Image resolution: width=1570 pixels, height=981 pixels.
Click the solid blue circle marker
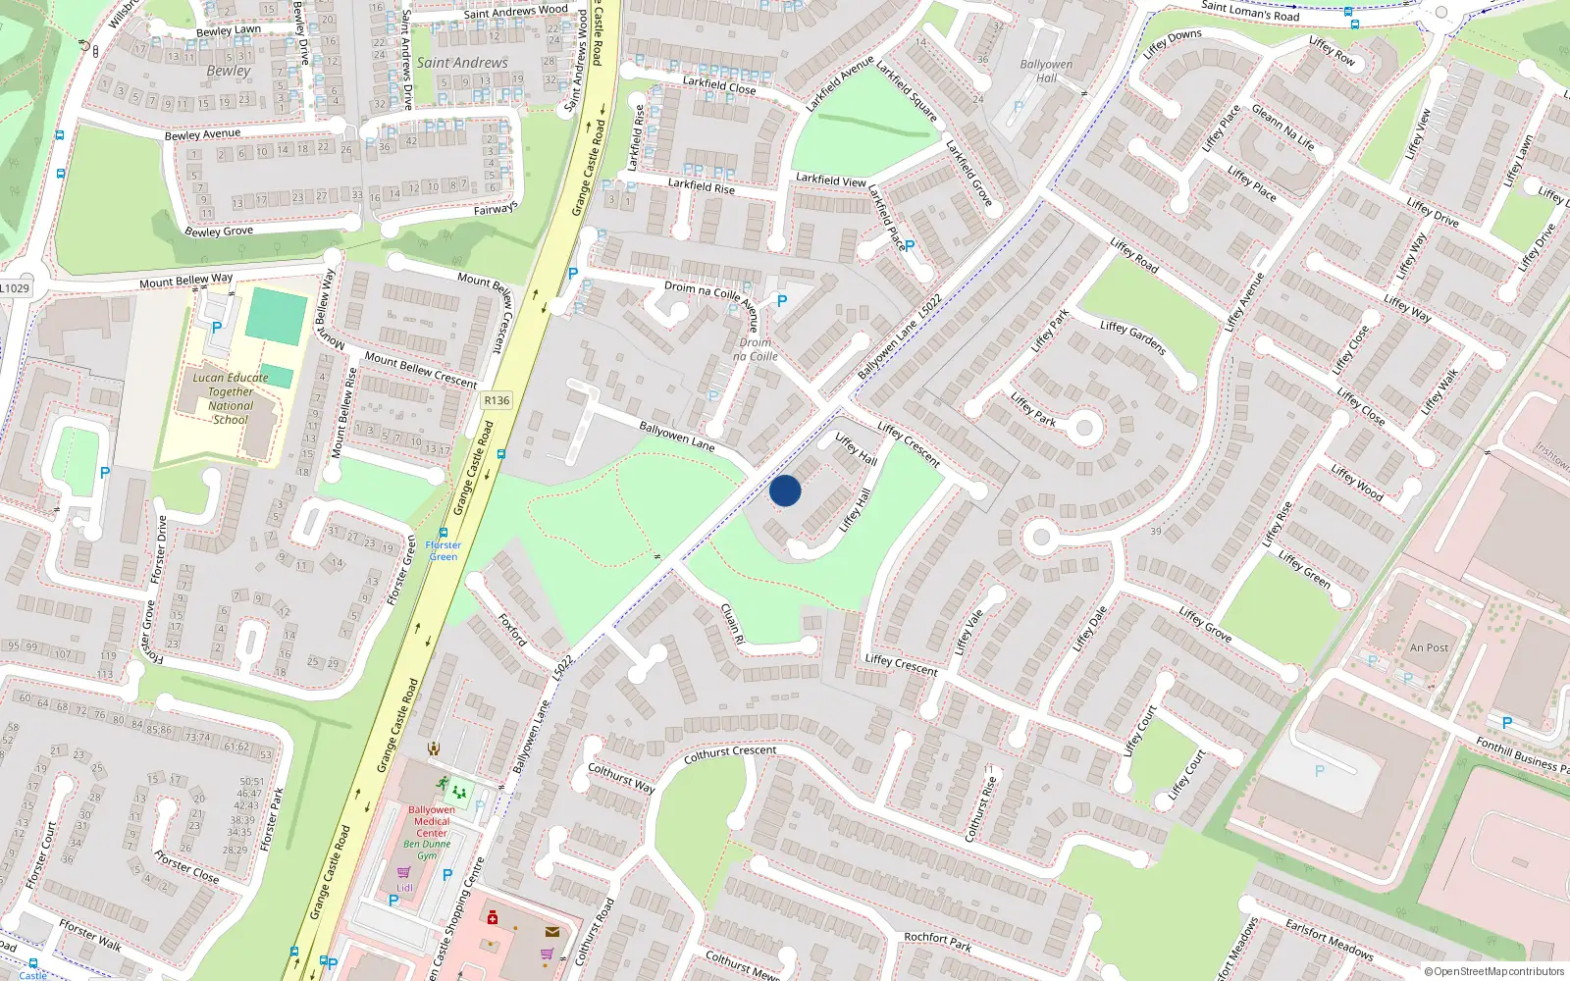pyautogui.click(x=785, y=490)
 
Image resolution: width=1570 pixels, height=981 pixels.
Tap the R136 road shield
pyautogui.click(x=497, y=400)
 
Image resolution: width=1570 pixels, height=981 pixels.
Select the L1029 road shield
pyautogui.click(x=15, y=287)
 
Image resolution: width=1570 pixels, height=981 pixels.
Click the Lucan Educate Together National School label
pyautogui.click(x=231, y=398)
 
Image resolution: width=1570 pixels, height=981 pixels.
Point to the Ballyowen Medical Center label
pyautogui.click(x=432, y=821)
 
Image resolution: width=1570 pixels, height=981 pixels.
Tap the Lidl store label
pyautogui.click(x=404, y=888)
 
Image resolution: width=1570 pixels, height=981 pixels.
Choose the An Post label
pyautogui.click(x=1429, y=647)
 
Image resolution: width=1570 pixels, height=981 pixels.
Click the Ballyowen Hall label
pyautogui.click(x=1046, y=71)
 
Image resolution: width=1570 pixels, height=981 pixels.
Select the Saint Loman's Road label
pyautogui.click(x=1250, y=11)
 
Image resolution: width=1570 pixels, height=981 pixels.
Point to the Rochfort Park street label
pyautogui.click(x=937, y=941)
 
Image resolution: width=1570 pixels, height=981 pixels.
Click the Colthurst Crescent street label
pyautogui.click(x=730, y=753)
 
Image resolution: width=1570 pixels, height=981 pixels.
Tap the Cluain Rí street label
pyautogui.click(x=733, y=623)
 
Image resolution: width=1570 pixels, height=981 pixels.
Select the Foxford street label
pyautogui.click(x=513, y=630)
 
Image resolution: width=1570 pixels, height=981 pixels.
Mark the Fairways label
pyautogui.click(x=496, y=209)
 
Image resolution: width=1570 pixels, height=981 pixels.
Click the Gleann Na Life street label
pyautogui.click(x=1282, y=128)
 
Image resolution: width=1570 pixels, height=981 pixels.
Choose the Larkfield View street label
pyautogui.click(x=830, y=180)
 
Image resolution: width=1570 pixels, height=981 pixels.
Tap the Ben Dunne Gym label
pyautogui.click(x=427, y=850)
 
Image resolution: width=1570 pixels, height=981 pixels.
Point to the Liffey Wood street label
pyautogui.click(x=1357, y=483)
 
